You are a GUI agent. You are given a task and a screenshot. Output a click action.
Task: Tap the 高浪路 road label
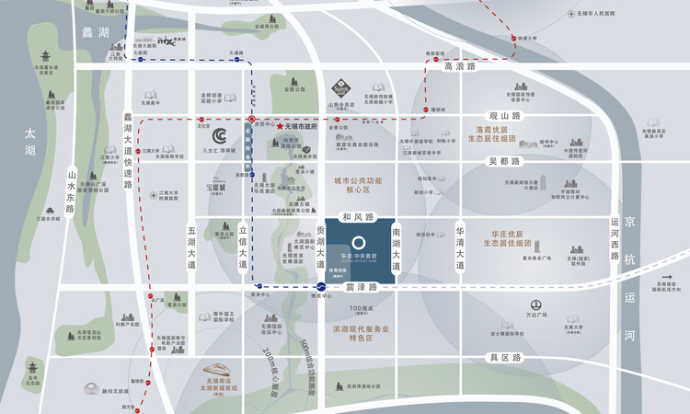coord(460,67)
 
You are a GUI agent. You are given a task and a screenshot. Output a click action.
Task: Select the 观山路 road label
coord(504,116)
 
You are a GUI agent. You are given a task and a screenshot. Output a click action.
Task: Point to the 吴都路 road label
coord(504,161)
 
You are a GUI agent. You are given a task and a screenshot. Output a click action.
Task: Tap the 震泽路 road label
coord(362,288)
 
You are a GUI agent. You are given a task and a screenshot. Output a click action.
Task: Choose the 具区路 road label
coord(505,357)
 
